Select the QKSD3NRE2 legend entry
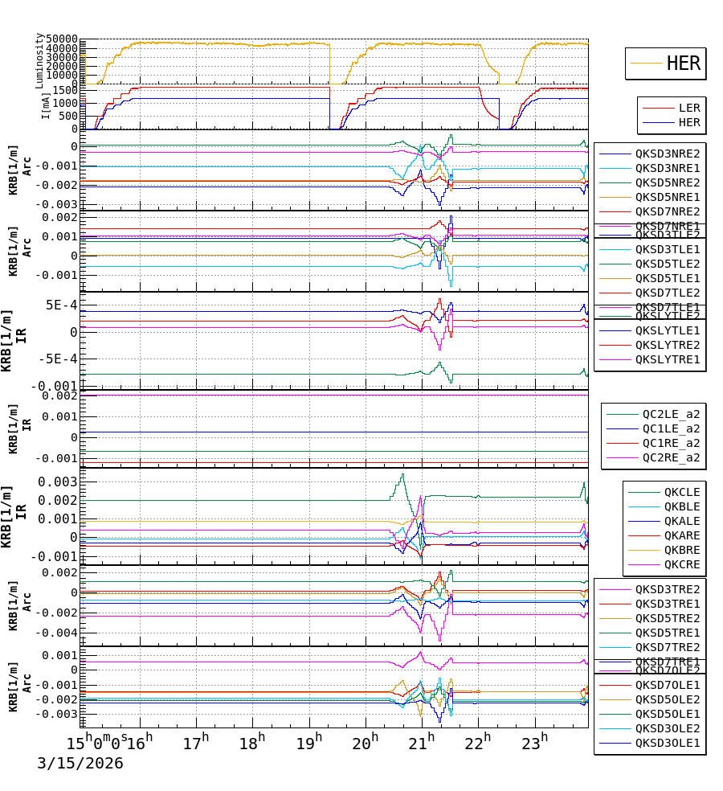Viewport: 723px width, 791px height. pos(667,154)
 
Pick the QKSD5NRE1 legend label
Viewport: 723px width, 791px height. pos(667,197)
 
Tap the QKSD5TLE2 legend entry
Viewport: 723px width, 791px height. pos(667,264)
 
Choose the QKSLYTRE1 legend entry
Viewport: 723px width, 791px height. pos(667,359)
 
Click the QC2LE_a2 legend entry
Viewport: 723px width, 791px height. pos(670,414)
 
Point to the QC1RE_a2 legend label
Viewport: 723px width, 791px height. pos(670,443)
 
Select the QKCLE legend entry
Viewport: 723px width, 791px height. pos(681,492)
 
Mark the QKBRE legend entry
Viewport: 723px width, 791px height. pos(681,550)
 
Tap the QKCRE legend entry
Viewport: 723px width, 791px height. pos(681,564)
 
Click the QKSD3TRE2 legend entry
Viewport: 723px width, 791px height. pos(667,589)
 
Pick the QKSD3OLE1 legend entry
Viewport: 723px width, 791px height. pos(667,743)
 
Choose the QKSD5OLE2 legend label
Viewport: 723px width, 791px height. pos(667,699)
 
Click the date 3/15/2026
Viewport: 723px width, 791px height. pos(80,764)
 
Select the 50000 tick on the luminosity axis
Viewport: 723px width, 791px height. pos(61,39)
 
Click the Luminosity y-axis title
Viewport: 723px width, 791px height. pos(39,60)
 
